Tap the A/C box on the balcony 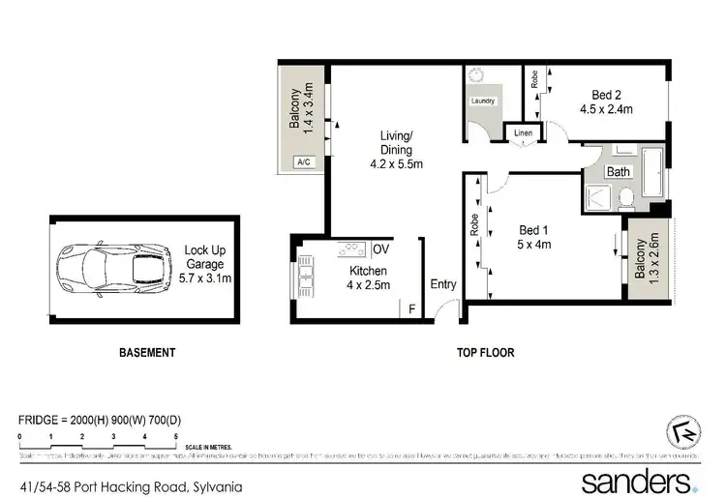tap(303, 162)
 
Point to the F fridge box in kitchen tap(411, 308)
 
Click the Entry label tap(443, 284)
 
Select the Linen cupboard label tap(523, 132)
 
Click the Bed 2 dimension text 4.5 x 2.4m tap(612, 109)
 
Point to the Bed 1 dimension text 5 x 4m tap(533, 245)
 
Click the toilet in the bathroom tap(625, 198)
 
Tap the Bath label tap(619, 172)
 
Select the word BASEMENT tap(146, 353)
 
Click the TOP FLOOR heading tap(485, 353)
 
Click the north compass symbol tap(684, 431)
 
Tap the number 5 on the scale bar tap(176, 437)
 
